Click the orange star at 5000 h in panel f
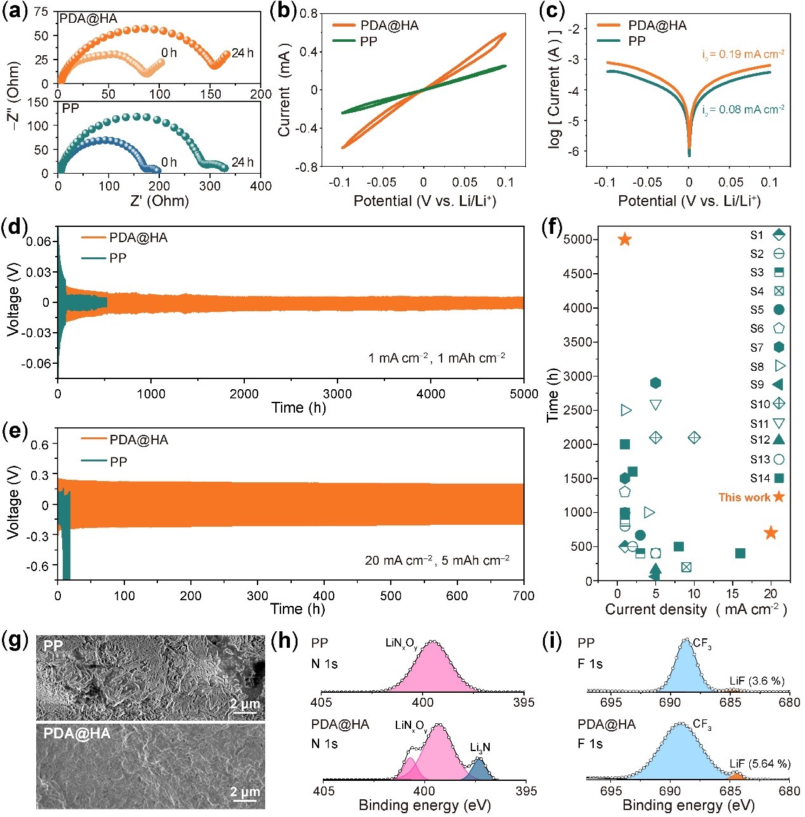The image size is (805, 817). pos(625,239)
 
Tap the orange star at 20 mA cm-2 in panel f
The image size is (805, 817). pos(771,533)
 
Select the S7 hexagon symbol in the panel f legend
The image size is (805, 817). pos(779,347)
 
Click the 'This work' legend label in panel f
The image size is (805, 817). pos(744,498)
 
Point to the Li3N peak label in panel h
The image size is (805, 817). pos(480,747)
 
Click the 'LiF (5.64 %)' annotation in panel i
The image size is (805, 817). pos(759,764)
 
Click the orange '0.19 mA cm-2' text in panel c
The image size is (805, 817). pos(743,55)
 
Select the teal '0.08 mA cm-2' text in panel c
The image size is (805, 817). pos(743,110)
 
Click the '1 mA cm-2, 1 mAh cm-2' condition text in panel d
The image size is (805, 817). pos(436,358)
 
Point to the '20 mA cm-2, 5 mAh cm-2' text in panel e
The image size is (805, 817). pos(437,560)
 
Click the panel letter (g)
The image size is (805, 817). pos(16,641)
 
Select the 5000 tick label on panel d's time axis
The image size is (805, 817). pos(523,394)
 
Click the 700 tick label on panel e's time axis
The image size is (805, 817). pos(523,596)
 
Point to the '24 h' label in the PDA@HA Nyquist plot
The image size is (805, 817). pos(242,53)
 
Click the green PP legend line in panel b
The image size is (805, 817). pos(343,42)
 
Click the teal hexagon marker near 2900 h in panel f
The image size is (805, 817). pos(655,383)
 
